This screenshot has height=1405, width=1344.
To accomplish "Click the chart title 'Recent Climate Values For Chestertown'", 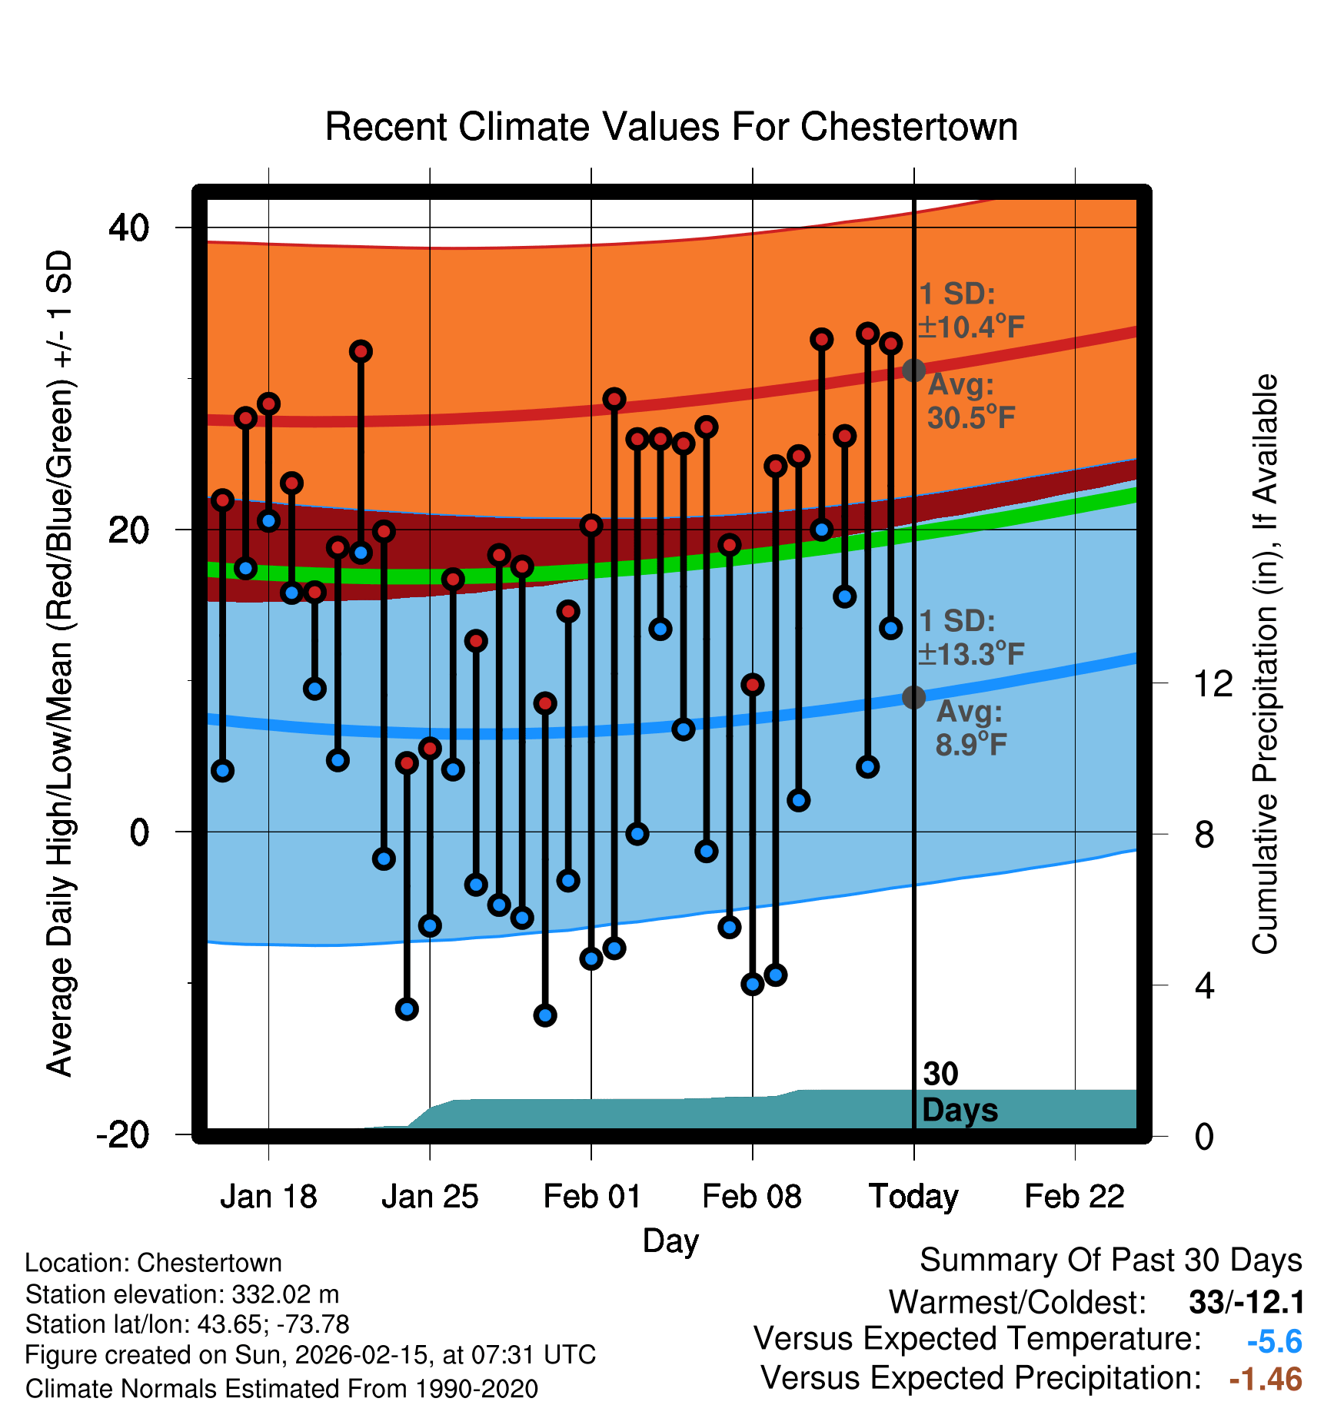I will point(671,127).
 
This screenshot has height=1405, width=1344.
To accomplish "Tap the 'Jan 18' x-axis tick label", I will point(268,1197).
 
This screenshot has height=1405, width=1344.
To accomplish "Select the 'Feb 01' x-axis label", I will point(591,1197).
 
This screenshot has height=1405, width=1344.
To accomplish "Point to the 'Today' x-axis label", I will point(913,1197).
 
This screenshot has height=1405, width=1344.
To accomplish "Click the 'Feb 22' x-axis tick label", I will point(1074,1197).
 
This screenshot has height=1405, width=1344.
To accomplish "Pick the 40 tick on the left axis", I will point(128,228).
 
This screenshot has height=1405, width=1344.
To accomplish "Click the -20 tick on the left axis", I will point(122,1134).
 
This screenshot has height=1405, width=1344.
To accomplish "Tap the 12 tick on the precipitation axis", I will point(1213,683).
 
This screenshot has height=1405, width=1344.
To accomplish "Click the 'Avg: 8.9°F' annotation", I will point(970,728).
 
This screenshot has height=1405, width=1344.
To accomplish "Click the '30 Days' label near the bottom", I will point(958,1092).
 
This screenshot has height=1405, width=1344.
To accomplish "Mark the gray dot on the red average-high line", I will point(913,370).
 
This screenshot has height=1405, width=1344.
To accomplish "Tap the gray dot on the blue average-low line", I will point(913,697).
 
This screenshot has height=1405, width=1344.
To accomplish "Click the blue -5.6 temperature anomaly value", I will point(1274,1342).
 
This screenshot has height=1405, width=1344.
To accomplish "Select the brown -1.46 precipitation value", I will point(1266,1380).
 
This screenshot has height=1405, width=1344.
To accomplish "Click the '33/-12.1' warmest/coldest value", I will point(1246,1302).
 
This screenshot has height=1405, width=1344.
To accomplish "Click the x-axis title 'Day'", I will point(670,1241).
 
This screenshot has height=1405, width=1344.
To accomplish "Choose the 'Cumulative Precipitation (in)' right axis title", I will point(1265,665).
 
